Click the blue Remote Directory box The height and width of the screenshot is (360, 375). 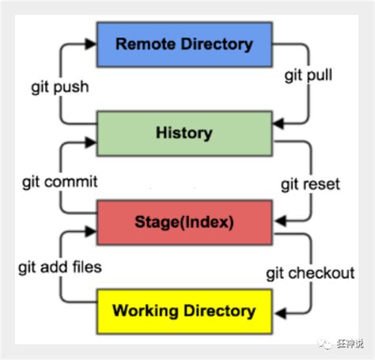184,44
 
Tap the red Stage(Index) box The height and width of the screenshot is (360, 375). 184,222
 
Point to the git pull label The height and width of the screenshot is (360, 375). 309,77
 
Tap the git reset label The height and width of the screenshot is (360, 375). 309,184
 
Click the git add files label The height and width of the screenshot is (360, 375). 60,267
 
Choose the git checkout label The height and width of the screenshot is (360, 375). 309,273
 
